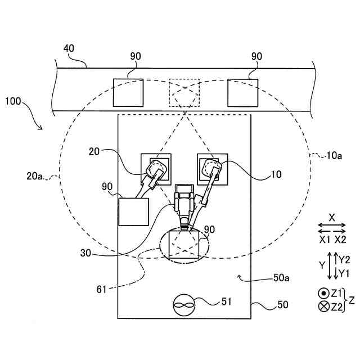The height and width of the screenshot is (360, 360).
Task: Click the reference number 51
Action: [226, 301]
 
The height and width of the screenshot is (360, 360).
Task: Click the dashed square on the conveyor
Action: [184, 92]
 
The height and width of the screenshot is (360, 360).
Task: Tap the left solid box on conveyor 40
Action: [129, 92]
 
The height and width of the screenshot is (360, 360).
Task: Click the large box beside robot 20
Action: [133, 211]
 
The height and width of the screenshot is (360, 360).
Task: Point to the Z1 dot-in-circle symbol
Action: [323, 293]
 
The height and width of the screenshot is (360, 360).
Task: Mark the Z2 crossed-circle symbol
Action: [323, 307]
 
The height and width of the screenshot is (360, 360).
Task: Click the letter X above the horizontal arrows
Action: [332, 217]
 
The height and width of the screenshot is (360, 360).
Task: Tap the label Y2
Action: [344, 259]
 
